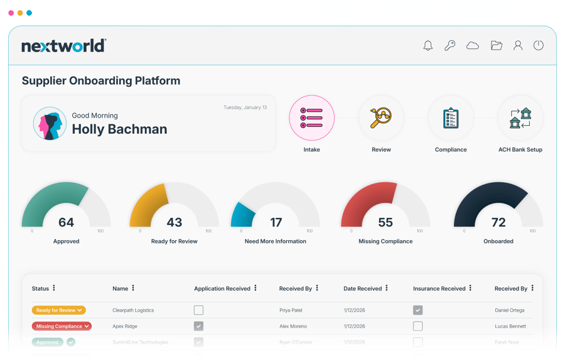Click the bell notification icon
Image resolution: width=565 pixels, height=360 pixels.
[x=428, y=46]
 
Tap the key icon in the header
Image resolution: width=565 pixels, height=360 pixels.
[x=450, y=46]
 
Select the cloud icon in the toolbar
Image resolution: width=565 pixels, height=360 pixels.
[x=473, y=46]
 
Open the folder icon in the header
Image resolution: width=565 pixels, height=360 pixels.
[x=496, y=46]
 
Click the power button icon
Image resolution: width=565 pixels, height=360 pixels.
[x=538, y=46]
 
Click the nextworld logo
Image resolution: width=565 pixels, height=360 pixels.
[x=64, y=46]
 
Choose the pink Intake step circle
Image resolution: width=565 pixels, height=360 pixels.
[x=311, y=118]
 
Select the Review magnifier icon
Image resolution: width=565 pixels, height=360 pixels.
[x=381, y=118]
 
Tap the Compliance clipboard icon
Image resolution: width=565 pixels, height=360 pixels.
[x=451, y=118]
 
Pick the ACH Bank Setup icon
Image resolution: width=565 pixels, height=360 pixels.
[x=520, y=118]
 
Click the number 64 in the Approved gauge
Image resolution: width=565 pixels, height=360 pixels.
[x=66, y=222]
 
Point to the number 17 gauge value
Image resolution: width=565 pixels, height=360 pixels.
[x=276, y=222]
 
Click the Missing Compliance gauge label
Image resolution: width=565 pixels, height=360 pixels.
[x=385, y=241]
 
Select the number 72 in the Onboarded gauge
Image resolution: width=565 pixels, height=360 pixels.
[x=498, y=222]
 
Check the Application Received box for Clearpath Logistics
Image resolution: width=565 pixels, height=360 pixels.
[x=198, y=310]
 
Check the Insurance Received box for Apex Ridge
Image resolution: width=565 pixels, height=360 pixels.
[x=417, y=326]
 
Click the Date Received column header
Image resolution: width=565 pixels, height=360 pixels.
[x=363, y=288]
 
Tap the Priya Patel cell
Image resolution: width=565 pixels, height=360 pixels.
[x=292, y=310]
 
